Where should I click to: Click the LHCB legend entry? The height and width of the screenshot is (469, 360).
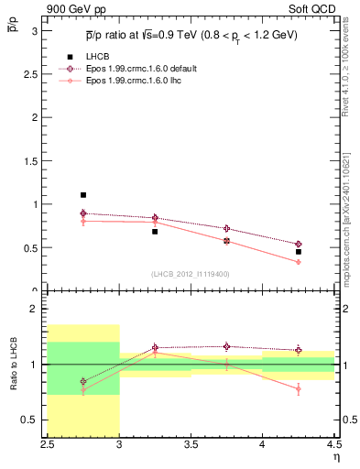98,58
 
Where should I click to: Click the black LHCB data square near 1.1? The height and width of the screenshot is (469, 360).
83,195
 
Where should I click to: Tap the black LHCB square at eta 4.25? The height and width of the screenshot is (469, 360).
299,252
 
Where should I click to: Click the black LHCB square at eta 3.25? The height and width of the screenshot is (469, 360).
155,232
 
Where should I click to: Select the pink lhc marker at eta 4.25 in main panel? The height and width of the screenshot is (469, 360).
299,262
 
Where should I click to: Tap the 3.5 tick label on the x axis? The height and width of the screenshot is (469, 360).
191,444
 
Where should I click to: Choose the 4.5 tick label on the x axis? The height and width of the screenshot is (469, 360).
333,444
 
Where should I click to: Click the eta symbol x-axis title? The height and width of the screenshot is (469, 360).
336,456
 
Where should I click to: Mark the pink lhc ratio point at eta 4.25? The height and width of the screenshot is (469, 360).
299,388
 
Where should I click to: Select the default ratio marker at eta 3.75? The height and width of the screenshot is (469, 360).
226,346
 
